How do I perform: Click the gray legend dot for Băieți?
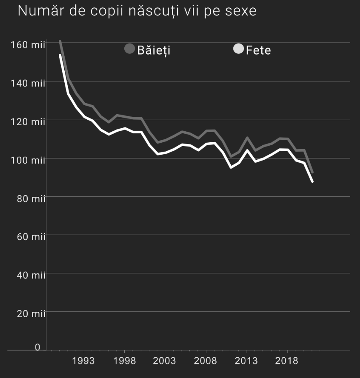tap(129, 49)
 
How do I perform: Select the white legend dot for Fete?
tap(238, 49)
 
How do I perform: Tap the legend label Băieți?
tap(154, 51)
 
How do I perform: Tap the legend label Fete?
tap(258, 51)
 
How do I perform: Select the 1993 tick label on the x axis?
tap(83, 360)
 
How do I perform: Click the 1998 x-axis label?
tap(124, 360)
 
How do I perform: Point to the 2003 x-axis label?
tap(165, 360)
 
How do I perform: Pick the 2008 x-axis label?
tap(205, 360)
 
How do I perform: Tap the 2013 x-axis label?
tap(246, 360)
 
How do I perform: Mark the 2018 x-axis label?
tap(287, 360)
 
